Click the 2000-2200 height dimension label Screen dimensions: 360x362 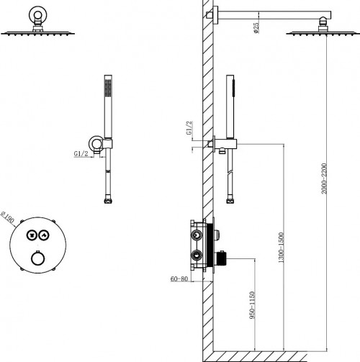[324, 178]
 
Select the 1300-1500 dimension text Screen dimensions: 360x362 [281, 248]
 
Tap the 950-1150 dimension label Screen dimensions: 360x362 [252, 305]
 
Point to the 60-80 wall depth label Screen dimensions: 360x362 [179, 279]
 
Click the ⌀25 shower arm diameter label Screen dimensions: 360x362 [256, 28]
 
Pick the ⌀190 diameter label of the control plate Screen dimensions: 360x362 [8, 217]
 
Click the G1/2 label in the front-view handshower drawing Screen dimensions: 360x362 [81, 153]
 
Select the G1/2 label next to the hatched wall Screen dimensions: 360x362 [189, 128]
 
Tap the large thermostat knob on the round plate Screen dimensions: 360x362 [38, 258]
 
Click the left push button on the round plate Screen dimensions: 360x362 [32, 235]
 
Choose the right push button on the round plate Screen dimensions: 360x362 [44, 235]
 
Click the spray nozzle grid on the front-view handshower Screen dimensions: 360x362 [108, 88]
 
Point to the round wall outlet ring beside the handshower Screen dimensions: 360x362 [96, 143]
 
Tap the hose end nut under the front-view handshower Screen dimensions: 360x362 [108, 201]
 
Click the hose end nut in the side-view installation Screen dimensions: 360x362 [230, 201]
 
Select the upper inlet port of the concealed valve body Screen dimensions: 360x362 [197, 235]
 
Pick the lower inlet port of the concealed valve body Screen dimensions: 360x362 [197, 255]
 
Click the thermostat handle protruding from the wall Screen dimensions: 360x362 [221, 258]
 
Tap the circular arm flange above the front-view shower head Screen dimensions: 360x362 [37, 14]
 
